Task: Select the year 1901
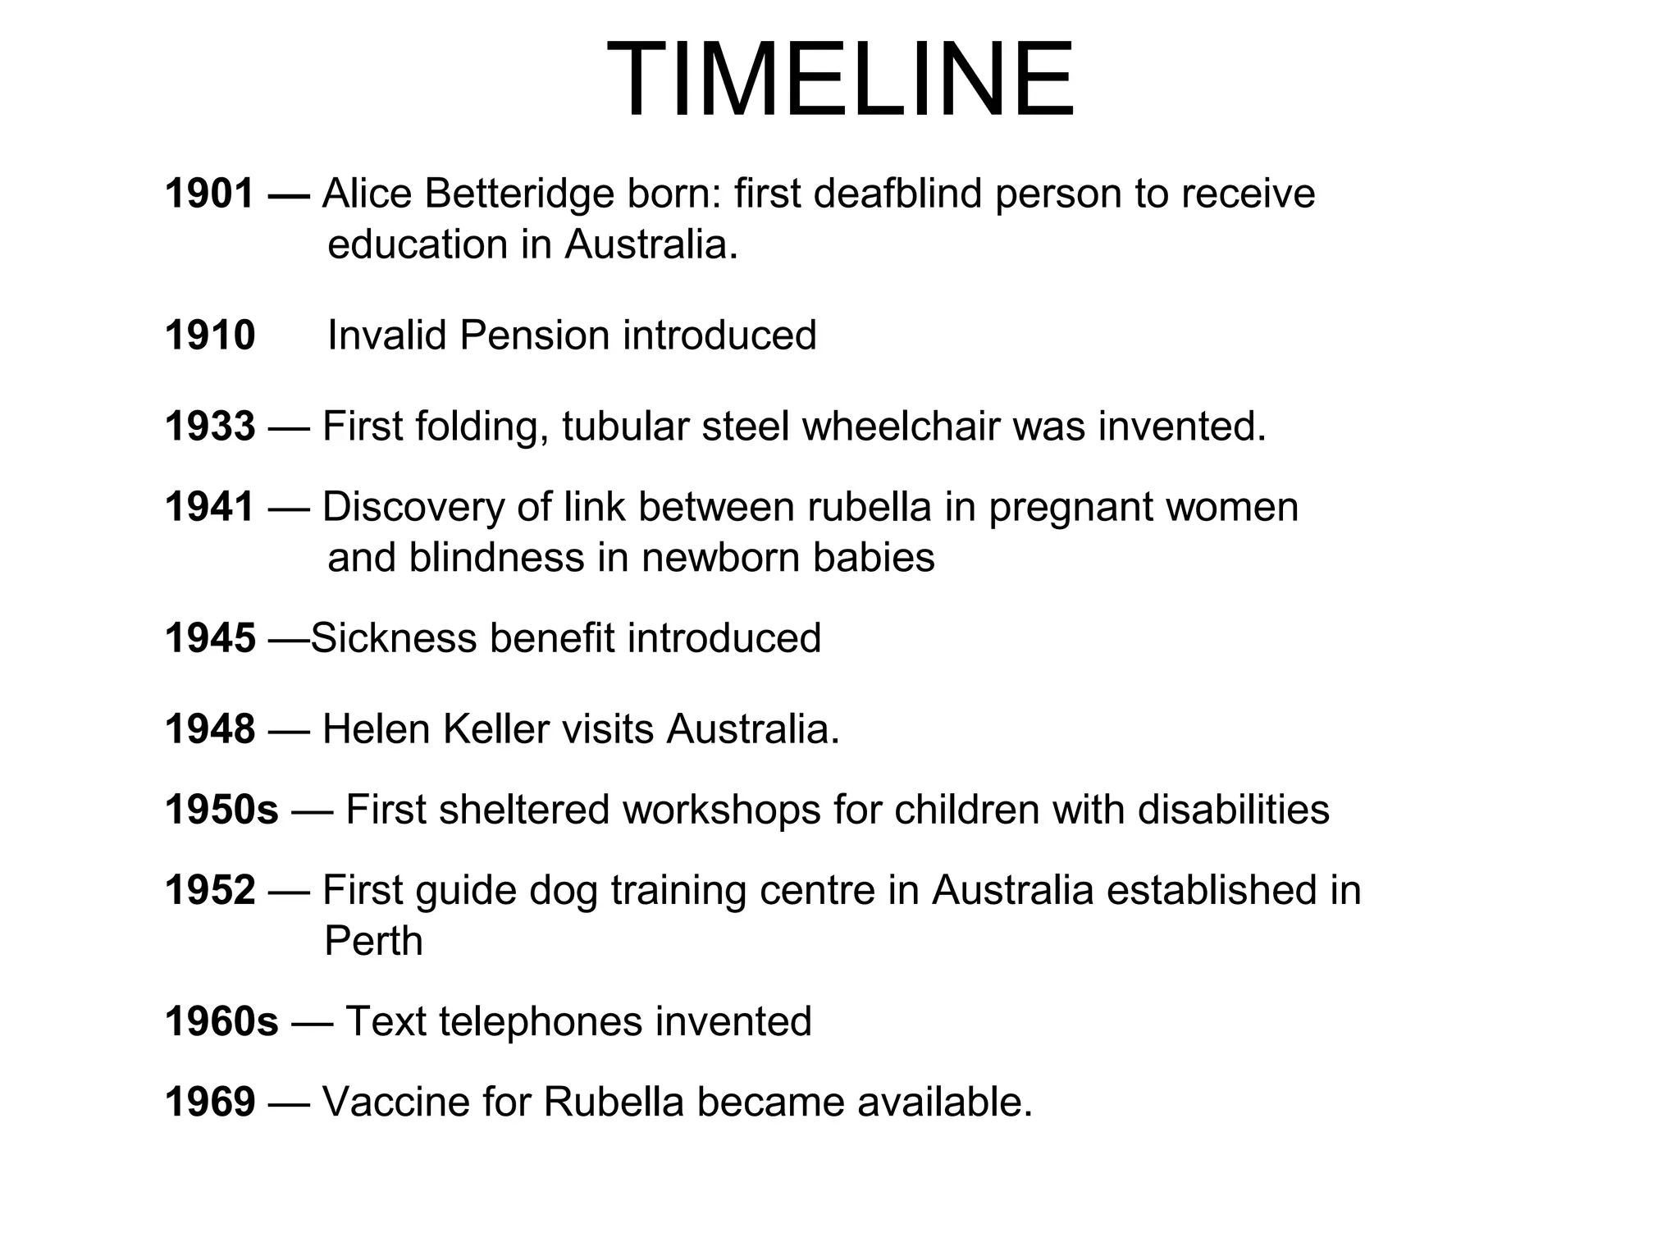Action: pos(210,194)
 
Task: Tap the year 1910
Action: pos(210,336)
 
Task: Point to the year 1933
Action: pos(210,427)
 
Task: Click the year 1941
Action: pos(210,507)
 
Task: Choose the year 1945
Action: pos(210,638)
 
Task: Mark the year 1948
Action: pos(210,728)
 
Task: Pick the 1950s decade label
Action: pos(221,810)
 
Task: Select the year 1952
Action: pos(210,890)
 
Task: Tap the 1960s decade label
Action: pos(221,1021)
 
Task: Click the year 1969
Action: pos(210,1102)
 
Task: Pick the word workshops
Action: pos(722,810)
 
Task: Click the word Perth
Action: pos(373,941)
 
